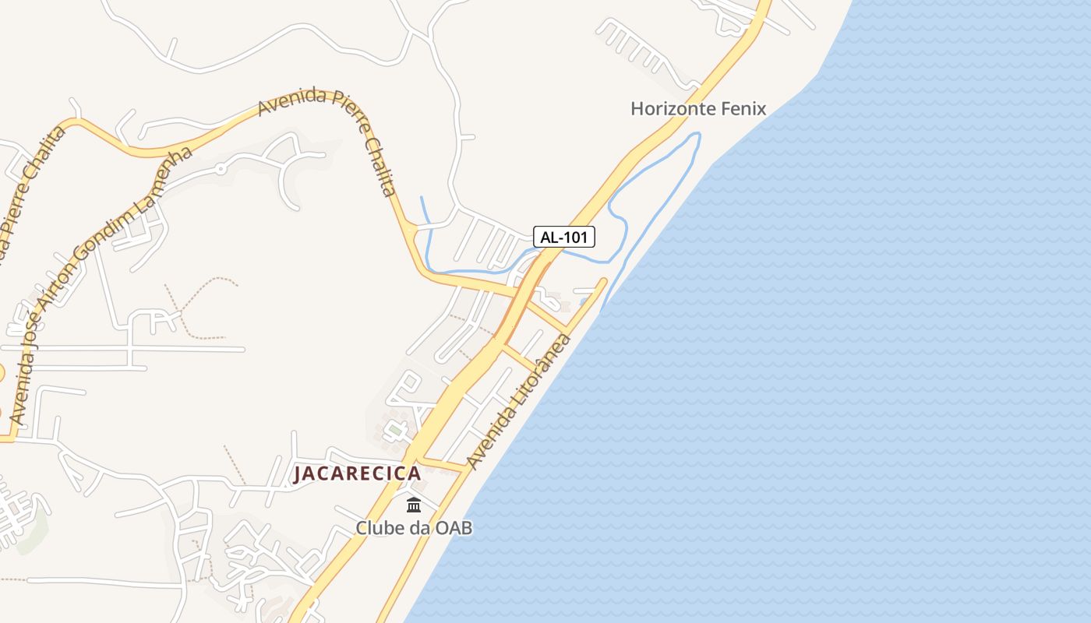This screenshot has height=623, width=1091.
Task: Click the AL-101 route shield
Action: coord(564,237)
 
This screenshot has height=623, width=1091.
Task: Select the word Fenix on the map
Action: coord(744,108)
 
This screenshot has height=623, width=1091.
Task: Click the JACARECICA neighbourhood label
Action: coord(357,473)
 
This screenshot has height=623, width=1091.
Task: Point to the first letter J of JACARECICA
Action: coord(298,474)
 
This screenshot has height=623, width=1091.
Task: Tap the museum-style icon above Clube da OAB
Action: coord(414,505)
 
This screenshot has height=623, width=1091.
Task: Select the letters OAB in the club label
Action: coord(454,528)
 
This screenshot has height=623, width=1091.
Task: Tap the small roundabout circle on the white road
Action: coord(221,168)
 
